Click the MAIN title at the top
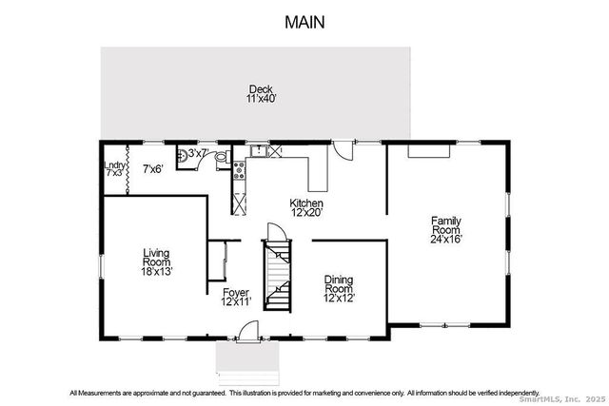304,21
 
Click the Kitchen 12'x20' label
306,208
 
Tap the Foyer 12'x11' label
236,298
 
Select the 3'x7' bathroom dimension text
198,153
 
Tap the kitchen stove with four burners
239,172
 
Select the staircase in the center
277,276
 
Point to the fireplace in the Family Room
429,148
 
